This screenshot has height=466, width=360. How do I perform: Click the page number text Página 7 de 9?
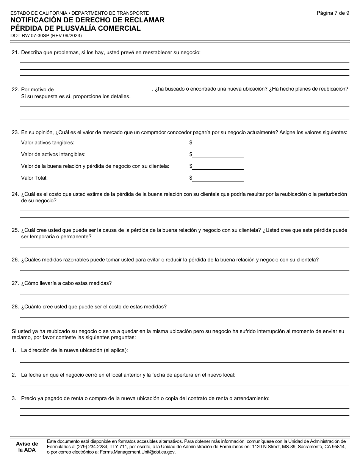(333, 13)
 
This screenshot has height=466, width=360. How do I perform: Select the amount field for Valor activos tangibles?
(218, 143)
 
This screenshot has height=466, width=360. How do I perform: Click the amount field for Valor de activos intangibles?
(218, 155)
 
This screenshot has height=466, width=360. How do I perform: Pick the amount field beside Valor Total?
(218, 178)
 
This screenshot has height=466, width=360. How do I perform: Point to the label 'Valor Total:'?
(34, 178)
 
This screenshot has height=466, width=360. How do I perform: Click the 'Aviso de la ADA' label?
(27, 447)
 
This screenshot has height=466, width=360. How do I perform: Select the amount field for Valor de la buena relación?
(218, 166)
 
